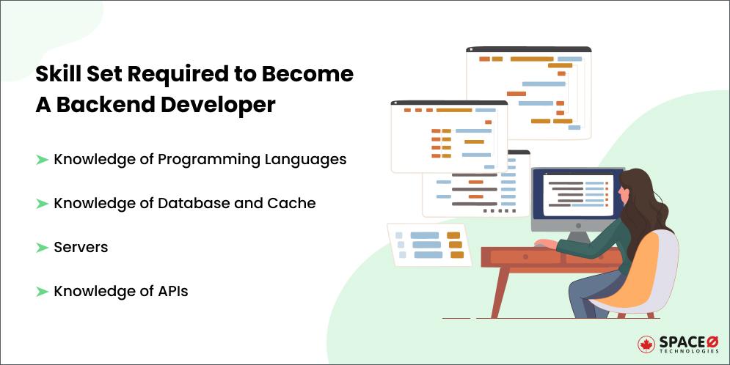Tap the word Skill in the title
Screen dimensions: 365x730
coord(56,74)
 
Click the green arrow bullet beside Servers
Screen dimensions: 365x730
coord(42,248)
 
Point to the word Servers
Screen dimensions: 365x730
coord(81,248)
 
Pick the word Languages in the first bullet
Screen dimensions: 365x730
coord(310,159)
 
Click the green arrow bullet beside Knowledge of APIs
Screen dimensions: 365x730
coord(42,292)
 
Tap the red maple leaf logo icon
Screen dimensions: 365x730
coord(646,344)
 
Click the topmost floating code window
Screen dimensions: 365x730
coord(528,92)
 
